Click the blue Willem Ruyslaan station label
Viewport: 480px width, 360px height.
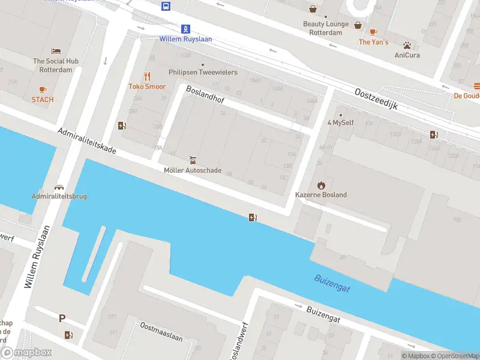click(x=185, y=39)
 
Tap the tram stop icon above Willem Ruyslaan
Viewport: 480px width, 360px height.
click(x=186, y=28)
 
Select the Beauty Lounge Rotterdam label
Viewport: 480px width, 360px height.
click(x=326, y=28)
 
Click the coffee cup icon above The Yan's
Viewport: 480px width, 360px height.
click(x=373, y=32)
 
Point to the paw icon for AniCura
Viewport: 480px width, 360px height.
click(x=407, y=45)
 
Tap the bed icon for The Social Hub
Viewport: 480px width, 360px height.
click(x=56, y=52)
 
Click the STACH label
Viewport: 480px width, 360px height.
click(x=43, y=100)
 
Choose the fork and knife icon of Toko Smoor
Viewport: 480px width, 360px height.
click(x=147, y=76)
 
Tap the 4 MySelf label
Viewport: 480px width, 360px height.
click(x=341, y=123)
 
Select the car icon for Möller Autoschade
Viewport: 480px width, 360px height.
click(x=193, y=160)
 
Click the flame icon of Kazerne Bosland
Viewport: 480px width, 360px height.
click(x=321, y=185)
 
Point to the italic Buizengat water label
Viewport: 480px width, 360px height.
click(x=332, y=284)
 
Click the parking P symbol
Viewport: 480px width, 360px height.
click(x=61, y=319)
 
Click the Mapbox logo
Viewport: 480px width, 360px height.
click(x=26, y=353)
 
